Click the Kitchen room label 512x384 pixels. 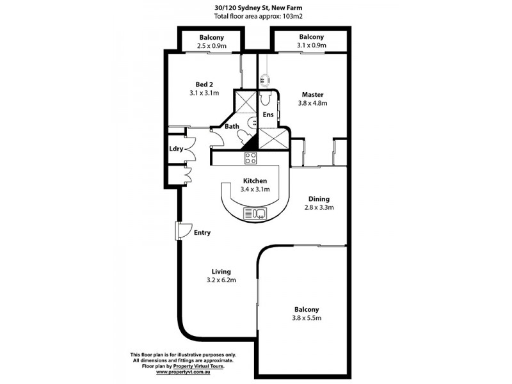click(255, 181)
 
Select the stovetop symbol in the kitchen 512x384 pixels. click(250, 157)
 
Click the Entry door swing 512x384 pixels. click(183, 231)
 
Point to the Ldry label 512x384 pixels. click(176, 149)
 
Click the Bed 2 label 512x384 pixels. click(204, 84)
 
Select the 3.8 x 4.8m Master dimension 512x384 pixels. click(314, 102)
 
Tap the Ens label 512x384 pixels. click(268, 115)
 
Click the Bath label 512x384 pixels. click(231, 127)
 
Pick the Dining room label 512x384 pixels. click(319, 198)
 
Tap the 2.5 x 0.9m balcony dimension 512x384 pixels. click(211, 46)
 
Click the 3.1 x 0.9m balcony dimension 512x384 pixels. click(311, 46)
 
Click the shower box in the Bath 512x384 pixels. click(244, 102)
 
